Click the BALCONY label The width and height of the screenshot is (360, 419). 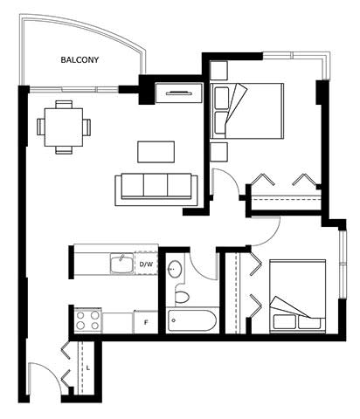[80, 60]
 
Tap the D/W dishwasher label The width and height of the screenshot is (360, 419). [146, 264]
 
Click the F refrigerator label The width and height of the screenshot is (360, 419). [146, 322]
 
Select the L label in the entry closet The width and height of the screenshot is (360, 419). [88, 367]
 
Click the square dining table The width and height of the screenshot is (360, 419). [64, 127]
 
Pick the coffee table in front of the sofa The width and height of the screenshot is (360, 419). [156, 152]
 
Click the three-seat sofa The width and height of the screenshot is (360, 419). [156, 189]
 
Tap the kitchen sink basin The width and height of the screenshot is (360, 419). [121, 264]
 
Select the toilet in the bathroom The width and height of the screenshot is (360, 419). [182, 295]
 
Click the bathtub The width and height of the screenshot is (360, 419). [192, 320]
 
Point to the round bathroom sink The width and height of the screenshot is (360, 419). [175, 269]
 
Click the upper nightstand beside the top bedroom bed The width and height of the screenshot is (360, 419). [218, 71]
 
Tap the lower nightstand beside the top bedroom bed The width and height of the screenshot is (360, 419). [218, 152]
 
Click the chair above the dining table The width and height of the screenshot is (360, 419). [64, 105]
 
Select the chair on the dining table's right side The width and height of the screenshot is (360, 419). [87, 127]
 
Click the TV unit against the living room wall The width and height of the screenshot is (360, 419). [179, 93]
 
